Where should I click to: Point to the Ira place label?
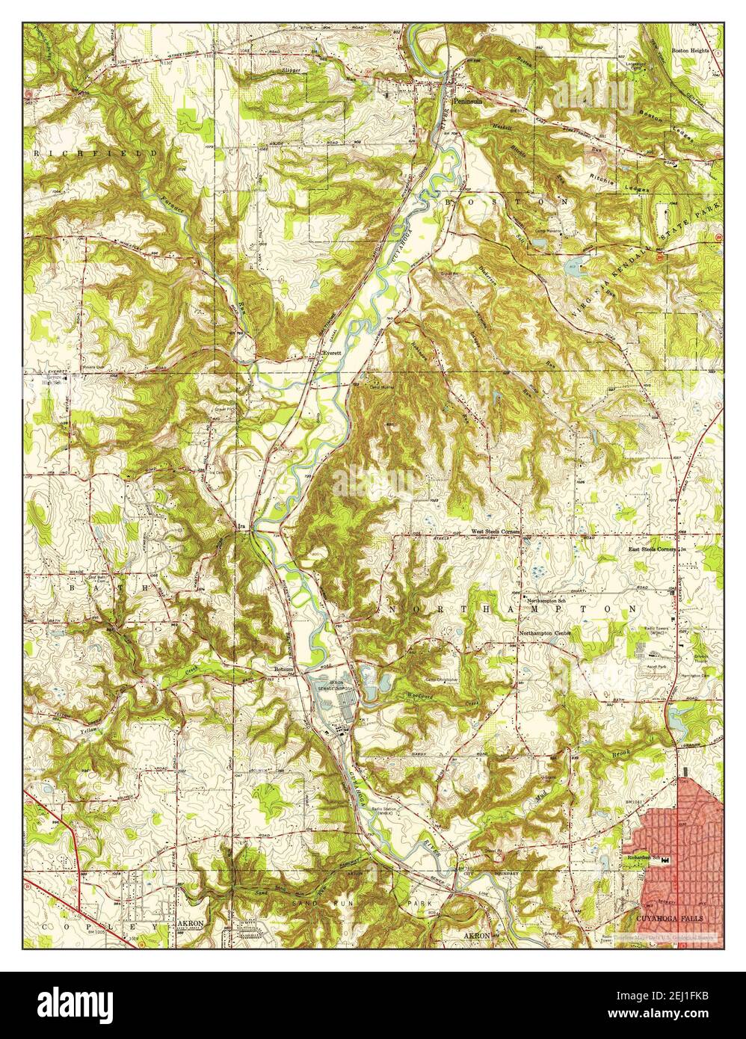[x=241, y=527]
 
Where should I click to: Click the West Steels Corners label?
[x=495, y=531]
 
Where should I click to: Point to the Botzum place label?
[x=282, y=669]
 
